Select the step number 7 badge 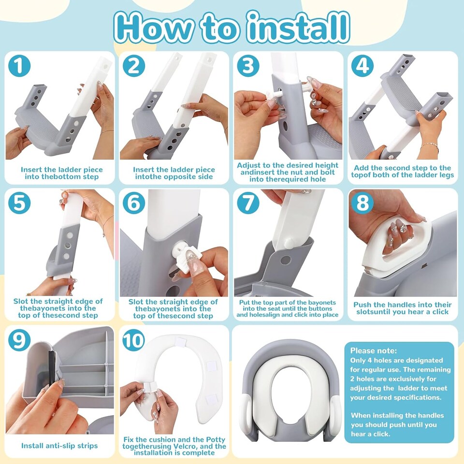pos(247,203)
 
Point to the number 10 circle pos(133,340)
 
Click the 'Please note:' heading pos(373,350)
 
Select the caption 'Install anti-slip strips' pos(59,446)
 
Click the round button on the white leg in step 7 pos(289,242)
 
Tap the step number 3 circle pos(247,66)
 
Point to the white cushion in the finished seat pos(290,387)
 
